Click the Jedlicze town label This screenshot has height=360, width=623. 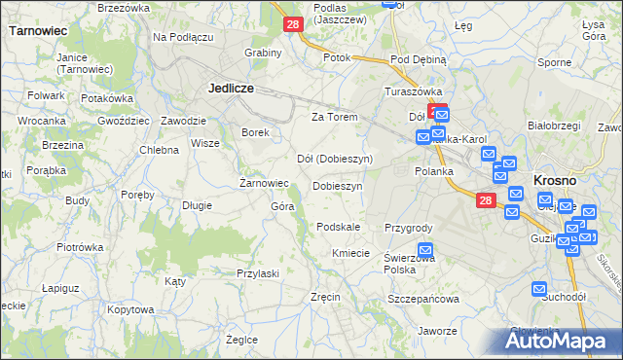231,88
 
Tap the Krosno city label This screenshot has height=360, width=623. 556,181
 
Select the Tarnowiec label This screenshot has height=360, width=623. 37,31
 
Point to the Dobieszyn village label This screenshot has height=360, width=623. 338,186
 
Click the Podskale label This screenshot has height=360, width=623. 339,227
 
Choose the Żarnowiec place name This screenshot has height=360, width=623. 264,182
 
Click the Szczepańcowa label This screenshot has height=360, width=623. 422,299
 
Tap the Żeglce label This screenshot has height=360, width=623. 241,340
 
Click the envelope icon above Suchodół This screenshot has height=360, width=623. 541,289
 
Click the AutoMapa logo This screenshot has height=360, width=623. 559,341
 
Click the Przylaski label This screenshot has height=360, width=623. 258,273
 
